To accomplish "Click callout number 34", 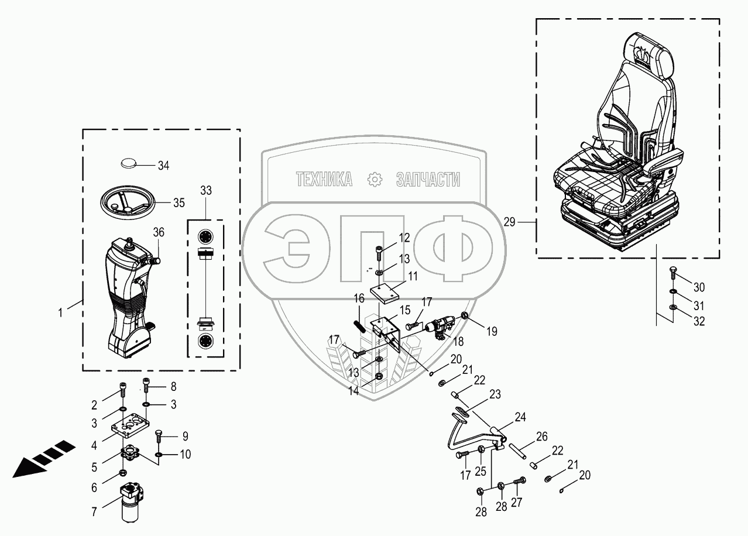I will tap(163, 166).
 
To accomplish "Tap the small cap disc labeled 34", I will tap(131, 163).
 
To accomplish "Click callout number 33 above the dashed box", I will tap(206, 191).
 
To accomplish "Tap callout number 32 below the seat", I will tap(699, 321).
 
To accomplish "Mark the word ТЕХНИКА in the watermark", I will tap(324, 180).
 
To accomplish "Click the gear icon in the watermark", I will tap(374, 180).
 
